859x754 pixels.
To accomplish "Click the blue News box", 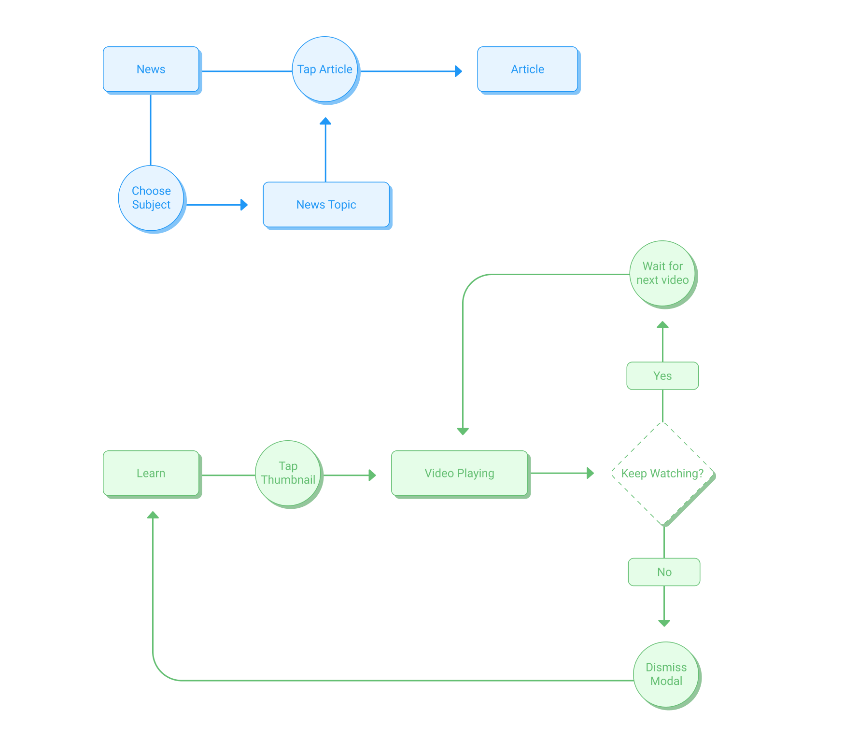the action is pos(151,70).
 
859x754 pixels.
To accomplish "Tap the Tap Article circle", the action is pos(325,70).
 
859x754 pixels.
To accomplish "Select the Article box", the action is pos(528,70).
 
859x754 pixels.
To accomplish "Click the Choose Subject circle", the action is pos(151,198).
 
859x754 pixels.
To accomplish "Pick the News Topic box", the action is pos(326,205).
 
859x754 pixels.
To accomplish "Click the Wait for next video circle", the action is pos(662,273).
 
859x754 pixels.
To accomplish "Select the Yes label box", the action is pos(662,376).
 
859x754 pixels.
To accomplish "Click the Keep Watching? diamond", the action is pos(663,474).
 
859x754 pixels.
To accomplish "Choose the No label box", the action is pos(664,572).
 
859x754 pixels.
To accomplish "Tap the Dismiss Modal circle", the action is pos(666,674).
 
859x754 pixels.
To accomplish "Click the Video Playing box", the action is pos(460,474).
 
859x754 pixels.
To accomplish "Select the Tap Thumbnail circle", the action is pos(288,473).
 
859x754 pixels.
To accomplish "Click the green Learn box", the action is pos(151,474).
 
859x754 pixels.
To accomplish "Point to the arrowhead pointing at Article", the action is pos(459,71).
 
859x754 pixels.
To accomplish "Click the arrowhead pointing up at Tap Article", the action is pos(325,121).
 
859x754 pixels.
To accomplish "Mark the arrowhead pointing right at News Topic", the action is pos(244,205).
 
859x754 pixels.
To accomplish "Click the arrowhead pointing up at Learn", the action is pos(153,515).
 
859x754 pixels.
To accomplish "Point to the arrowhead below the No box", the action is pos(664,623).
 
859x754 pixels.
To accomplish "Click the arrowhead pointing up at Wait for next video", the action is pos(662,325).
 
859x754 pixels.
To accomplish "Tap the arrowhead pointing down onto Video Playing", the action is pos(463,432).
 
